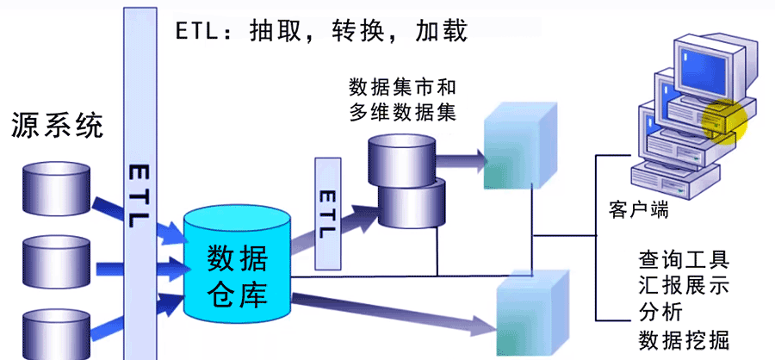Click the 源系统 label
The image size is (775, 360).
point(57,126)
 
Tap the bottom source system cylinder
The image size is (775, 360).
point(57,332)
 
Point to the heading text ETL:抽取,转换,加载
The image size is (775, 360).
point(321,31)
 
